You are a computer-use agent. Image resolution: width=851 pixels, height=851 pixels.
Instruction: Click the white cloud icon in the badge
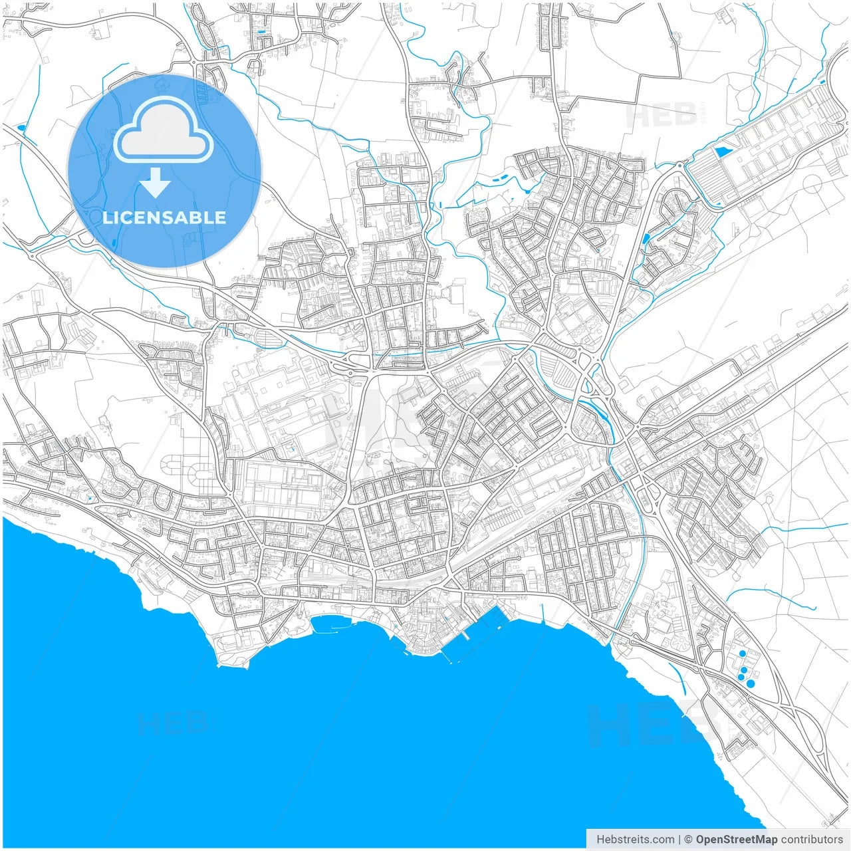[163, 131]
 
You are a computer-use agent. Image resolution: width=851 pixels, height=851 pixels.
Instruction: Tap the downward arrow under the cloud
[156, 183]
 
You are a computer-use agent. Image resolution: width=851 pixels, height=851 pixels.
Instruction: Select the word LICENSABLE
[164, 217]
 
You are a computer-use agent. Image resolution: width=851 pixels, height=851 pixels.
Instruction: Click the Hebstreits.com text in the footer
[635, 840]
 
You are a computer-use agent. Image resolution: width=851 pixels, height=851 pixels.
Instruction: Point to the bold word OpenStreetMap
[736, 840]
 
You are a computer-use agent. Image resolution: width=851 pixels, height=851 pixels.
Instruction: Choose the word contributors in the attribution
[812, 840]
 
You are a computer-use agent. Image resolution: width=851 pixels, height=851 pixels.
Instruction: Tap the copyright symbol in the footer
[689, 840]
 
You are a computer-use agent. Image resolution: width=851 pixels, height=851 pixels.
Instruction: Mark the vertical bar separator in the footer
[679, 840]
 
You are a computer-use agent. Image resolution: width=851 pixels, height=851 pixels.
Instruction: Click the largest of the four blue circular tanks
[751, 683]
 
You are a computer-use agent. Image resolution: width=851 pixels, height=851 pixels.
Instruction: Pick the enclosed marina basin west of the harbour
[332, 624]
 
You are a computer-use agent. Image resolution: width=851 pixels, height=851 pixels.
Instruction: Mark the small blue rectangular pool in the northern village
[261, 31]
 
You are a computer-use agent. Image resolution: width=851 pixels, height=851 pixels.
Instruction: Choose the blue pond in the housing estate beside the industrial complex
[646, 237]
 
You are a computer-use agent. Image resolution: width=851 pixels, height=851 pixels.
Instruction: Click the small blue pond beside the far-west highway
[21, 126]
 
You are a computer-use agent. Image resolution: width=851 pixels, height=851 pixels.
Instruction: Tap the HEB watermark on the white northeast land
[655, 114]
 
